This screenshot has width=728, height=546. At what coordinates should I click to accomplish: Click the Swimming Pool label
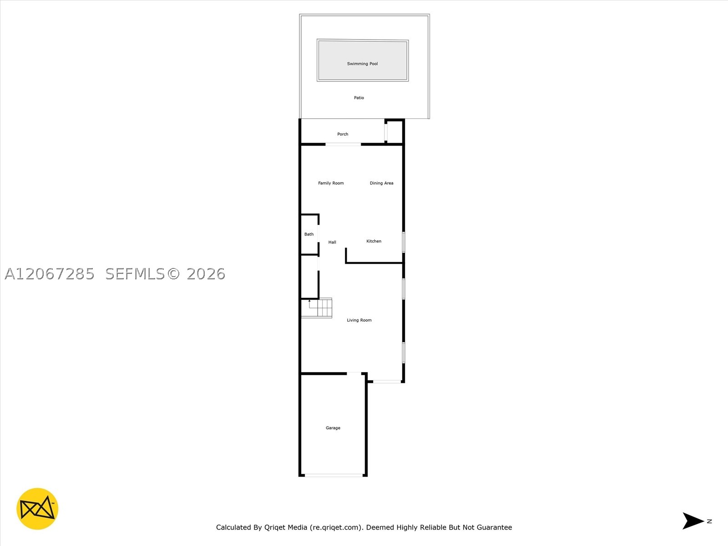[362, 64]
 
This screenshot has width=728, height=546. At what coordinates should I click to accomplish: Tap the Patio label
[359, 98]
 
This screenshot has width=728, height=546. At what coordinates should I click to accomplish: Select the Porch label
[343, 134]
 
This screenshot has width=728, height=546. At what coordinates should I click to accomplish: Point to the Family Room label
[331, 183]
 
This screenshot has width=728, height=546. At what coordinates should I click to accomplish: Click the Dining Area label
[381, 183]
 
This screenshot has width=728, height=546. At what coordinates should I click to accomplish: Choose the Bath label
[309, 234]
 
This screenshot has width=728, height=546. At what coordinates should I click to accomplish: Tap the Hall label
[332, 243]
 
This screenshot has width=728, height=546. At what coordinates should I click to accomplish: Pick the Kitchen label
[374, 241]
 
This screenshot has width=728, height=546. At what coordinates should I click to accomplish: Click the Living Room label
[359, 320]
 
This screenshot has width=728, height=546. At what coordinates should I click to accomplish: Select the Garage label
[333, 428]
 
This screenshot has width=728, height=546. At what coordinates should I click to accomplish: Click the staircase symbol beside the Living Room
[316, 308]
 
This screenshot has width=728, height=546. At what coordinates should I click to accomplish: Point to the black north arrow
[693, 521]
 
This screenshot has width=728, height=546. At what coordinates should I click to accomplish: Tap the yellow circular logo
[37, 509]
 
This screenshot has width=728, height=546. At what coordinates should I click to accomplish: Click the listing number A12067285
[50, 274]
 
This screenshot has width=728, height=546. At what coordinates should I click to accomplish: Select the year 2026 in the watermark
[206, 274]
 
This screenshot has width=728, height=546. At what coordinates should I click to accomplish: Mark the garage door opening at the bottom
[334, 475]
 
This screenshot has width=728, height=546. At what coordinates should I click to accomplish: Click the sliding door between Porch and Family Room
[343, 144]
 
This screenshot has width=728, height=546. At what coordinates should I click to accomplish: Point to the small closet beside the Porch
[394, 132]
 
